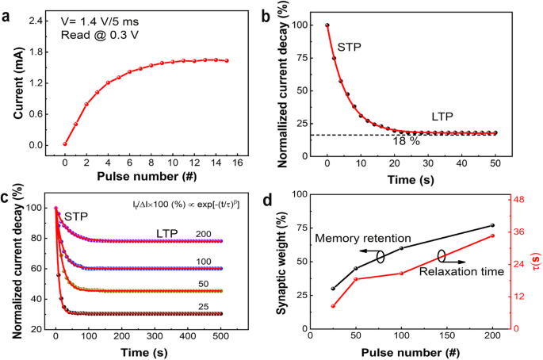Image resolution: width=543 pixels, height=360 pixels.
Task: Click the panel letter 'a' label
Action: coord(7,10)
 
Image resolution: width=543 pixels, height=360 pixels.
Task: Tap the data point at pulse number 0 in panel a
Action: coord(65,144)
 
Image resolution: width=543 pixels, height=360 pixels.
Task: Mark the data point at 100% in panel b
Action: coord(327,25)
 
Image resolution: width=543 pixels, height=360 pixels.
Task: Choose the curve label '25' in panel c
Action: coord(205,305)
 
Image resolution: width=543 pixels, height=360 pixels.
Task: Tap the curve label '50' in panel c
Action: coord(205,282)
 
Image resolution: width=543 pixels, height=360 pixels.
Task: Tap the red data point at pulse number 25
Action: coord(333,306)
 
